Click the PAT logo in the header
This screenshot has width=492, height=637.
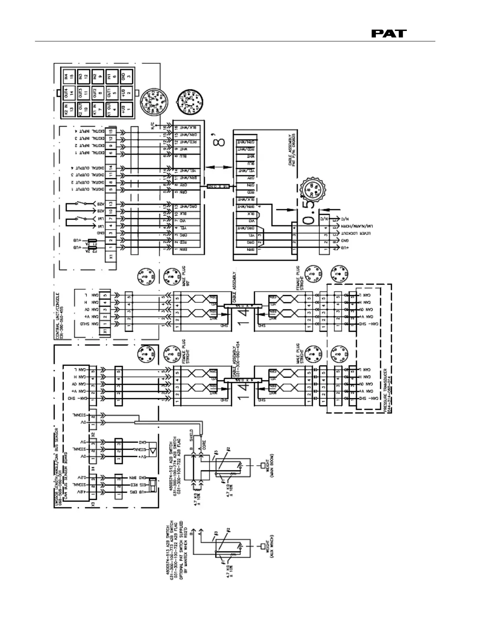click(x=388, y=34)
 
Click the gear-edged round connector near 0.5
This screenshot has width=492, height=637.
click(x=313, y=187)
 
